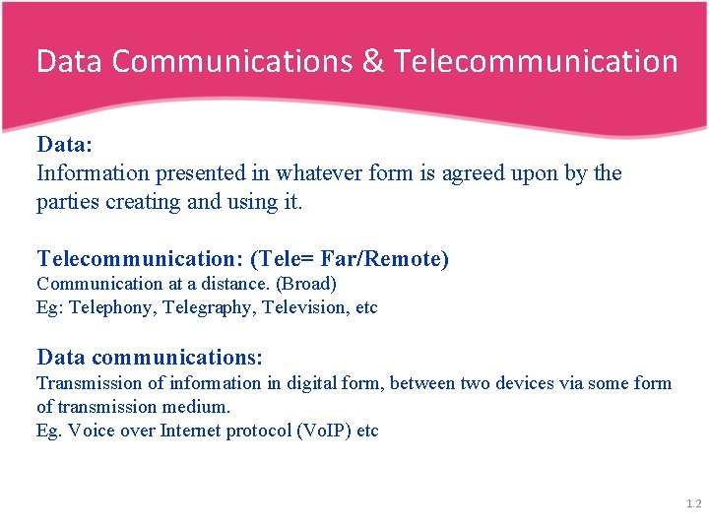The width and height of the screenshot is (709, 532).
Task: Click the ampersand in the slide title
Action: (x=374, y=61)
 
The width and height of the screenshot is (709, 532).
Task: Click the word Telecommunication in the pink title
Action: (x=537, y=61)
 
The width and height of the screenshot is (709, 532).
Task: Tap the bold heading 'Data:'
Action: (x=65, y=145)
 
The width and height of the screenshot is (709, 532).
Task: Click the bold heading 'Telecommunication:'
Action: (x=140, y=259)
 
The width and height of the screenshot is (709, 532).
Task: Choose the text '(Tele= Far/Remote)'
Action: (x=350, y=259)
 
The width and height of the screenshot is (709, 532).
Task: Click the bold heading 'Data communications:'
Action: (x=150, y=357)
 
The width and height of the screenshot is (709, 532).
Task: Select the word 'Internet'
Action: (x=189, y=431)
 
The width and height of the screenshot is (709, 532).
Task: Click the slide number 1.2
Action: (x=693, y=504)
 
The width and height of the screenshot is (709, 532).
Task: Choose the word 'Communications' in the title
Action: (x=232, y=61)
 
